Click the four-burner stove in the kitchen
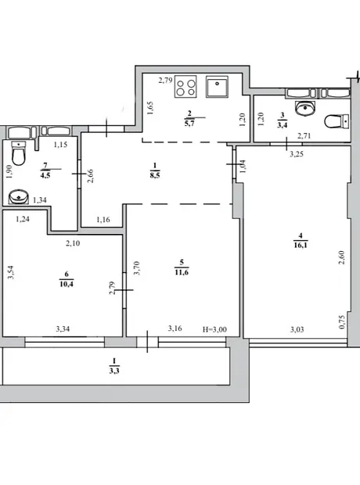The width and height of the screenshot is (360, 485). click(x=185, y=87)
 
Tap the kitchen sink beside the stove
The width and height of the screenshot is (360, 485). click(x=217, y=87)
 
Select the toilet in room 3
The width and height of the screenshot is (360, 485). click(x=337, y=121)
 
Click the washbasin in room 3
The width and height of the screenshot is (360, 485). click(x=305, y=108)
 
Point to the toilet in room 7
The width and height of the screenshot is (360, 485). click(x=19, y=153)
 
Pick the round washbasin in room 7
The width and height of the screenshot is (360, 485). click(x=19, y=196)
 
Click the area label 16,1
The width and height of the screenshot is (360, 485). click(x=301, y=246)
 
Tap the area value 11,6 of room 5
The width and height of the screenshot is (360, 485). click(x=182, y=272)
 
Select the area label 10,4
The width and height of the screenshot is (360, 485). click(x=67, y=284)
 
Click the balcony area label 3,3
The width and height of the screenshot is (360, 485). click(x=114, y=370)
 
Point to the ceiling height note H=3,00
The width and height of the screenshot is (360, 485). click(x=214, y=329)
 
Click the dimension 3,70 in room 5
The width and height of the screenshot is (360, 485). click(x=136, y=268)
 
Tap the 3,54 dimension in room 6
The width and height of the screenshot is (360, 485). click(x=11, y=272)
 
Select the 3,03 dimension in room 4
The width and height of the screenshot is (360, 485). click(x=297, y=329)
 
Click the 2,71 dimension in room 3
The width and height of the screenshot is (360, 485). click(x=304, y=135)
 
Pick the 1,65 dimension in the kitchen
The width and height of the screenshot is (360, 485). click(x=150, y=108)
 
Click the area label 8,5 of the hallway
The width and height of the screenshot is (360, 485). click(x=155, y=175)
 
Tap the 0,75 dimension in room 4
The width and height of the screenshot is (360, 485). click(x=342, y=322)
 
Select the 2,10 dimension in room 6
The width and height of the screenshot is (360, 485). click(x=73, y=243)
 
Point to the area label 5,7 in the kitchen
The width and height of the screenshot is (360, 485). click(x=189, y=123)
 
